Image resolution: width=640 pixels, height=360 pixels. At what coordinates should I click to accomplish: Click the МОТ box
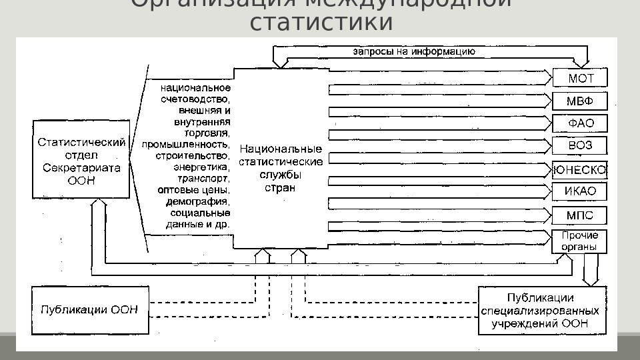[x=580, y=78]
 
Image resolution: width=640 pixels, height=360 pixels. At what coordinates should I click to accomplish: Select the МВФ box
[x=580, y=101]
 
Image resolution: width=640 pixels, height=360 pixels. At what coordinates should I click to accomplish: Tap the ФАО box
[x=580, y=123]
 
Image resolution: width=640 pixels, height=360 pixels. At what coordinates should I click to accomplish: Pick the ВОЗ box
[x=580, y=145]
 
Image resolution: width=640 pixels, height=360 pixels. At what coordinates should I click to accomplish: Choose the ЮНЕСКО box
[x=580, y=170]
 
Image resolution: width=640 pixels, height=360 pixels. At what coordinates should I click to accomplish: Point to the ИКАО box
[x=580, y=192]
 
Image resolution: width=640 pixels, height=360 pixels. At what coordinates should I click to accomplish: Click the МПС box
[x=580, y=215]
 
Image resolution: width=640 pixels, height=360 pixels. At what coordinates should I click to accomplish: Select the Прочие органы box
[x=580, y=241]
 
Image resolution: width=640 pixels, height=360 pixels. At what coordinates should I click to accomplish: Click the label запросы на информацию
[x=413, y=51]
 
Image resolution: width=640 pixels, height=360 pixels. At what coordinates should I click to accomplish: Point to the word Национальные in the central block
[x=280, y=148]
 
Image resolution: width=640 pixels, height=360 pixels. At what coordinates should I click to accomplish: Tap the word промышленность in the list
[x=186, y=144]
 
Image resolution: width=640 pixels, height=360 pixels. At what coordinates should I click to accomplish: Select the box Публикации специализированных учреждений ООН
[x=542, y=310]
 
